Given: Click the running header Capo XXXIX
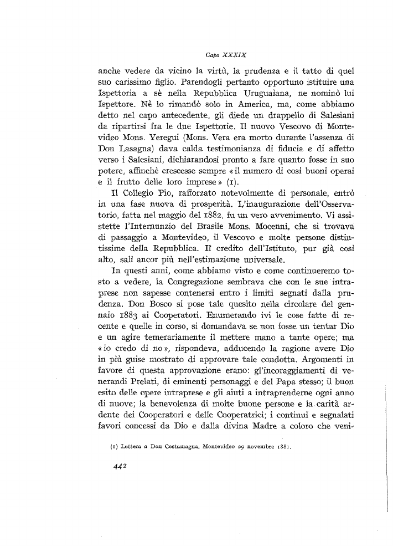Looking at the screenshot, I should (x=221, y=55).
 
